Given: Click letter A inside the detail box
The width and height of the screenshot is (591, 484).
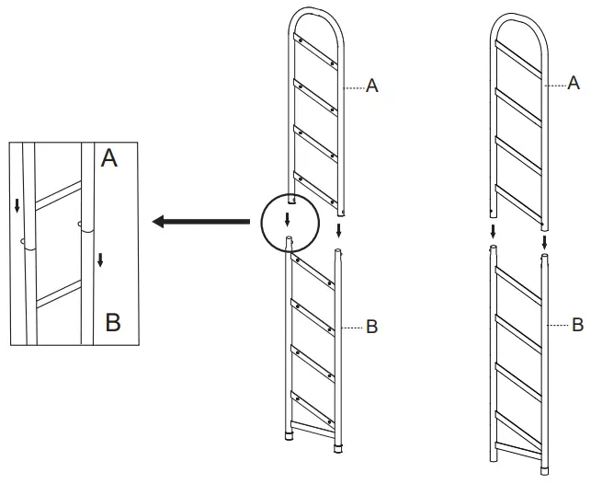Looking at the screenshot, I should coord(109,159).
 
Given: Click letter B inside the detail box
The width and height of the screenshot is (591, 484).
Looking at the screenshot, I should coord(112,323).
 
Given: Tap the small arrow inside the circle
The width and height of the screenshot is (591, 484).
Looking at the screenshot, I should coord(288,219).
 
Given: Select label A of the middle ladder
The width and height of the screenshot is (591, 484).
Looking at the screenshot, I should coord(372,86).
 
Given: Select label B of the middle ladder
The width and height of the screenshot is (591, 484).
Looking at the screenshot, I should coord(372,327).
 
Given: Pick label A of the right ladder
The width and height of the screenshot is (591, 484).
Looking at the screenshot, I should coord(574,84).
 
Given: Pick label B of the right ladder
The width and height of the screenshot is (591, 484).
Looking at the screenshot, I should coord(577,325).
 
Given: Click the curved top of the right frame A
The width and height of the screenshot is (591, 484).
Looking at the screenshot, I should coord(519,18).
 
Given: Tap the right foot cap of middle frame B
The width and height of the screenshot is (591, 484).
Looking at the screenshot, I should coord(338,448).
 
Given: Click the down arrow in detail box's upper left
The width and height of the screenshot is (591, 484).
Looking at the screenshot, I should coord(17,203).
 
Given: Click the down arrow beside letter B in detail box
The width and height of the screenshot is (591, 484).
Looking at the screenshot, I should coord(100,260).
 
